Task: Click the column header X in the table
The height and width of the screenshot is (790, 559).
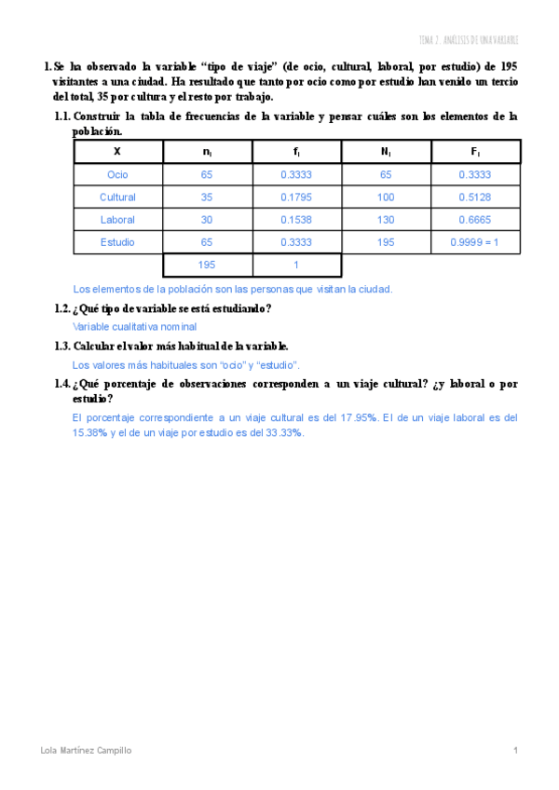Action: (117, 151)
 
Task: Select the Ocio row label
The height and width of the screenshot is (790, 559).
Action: (117, 174)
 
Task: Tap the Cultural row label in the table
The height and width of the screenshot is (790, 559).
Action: (117, 197)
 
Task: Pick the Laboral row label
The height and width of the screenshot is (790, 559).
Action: (117, 220)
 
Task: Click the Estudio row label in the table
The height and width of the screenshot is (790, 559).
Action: (117, 242)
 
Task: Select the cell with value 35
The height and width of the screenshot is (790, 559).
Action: (207, 197)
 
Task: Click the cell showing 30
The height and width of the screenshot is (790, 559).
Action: (207, 220)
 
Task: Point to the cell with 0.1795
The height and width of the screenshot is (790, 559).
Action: (296, 197)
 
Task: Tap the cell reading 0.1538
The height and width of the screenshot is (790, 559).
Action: (296, 220)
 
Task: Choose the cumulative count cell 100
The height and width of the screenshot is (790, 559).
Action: (386, 197)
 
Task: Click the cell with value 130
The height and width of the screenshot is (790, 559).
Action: (386, 220)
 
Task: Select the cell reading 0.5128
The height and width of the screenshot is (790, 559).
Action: (475, 197)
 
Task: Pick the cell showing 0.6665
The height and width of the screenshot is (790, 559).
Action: (475, 220)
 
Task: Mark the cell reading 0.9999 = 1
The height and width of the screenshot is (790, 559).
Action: (475, 242)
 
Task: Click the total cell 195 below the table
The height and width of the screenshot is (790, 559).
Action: (207, 265)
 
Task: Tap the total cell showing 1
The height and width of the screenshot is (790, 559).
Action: (296, 265)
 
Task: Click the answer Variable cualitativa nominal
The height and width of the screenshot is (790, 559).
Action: (134, 327)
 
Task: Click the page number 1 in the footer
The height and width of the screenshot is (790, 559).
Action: (515, 750)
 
